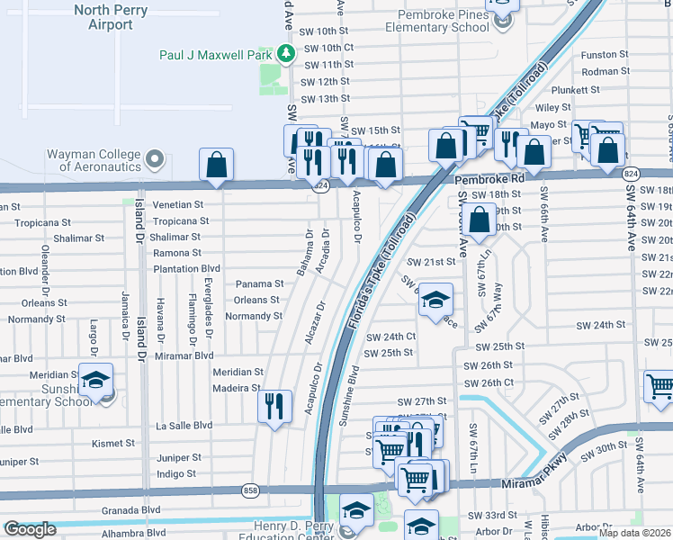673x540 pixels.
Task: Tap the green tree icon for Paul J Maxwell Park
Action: tap(286, 55)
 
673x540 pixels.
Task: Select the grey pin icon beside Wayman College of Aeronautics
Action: tap(155, 160)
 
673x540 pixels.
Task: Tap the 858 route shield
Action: tap(250, 490)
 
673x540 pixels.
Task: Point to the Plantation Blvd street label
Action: tap(186, 268)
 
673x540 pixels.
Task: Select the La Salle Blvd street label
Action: tap(184, 426)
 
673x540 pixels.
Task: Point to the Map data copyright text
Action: tap(634, 533)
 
